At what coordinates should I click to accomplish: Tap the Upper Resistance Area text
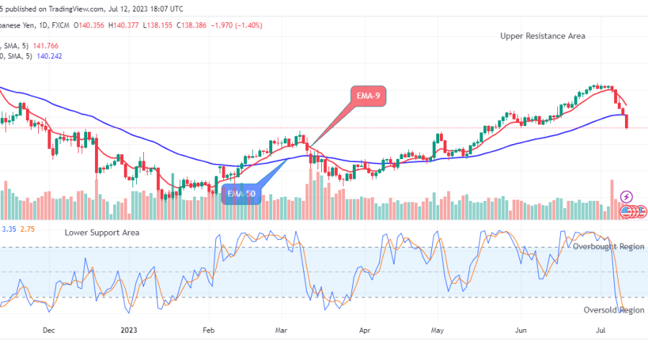543,36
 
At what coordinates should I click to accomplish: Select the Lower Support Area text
102,233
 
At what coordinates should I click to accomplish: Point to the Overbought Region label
608,246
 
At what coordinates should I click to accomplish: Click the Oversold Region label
613,310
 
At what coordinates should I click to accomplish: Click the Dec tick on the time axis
49,331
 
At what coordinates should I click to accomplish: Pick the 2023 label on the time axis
130,331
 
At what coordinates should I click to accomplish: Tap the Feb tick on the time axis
208,331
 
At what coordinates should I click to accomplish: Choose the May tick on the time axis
438,331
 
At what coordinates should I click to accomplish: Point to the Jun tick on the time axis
520,331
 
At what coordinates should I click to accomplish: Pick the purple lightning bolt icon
626,196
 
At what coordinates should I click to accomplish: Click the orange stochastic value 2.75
27,229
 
